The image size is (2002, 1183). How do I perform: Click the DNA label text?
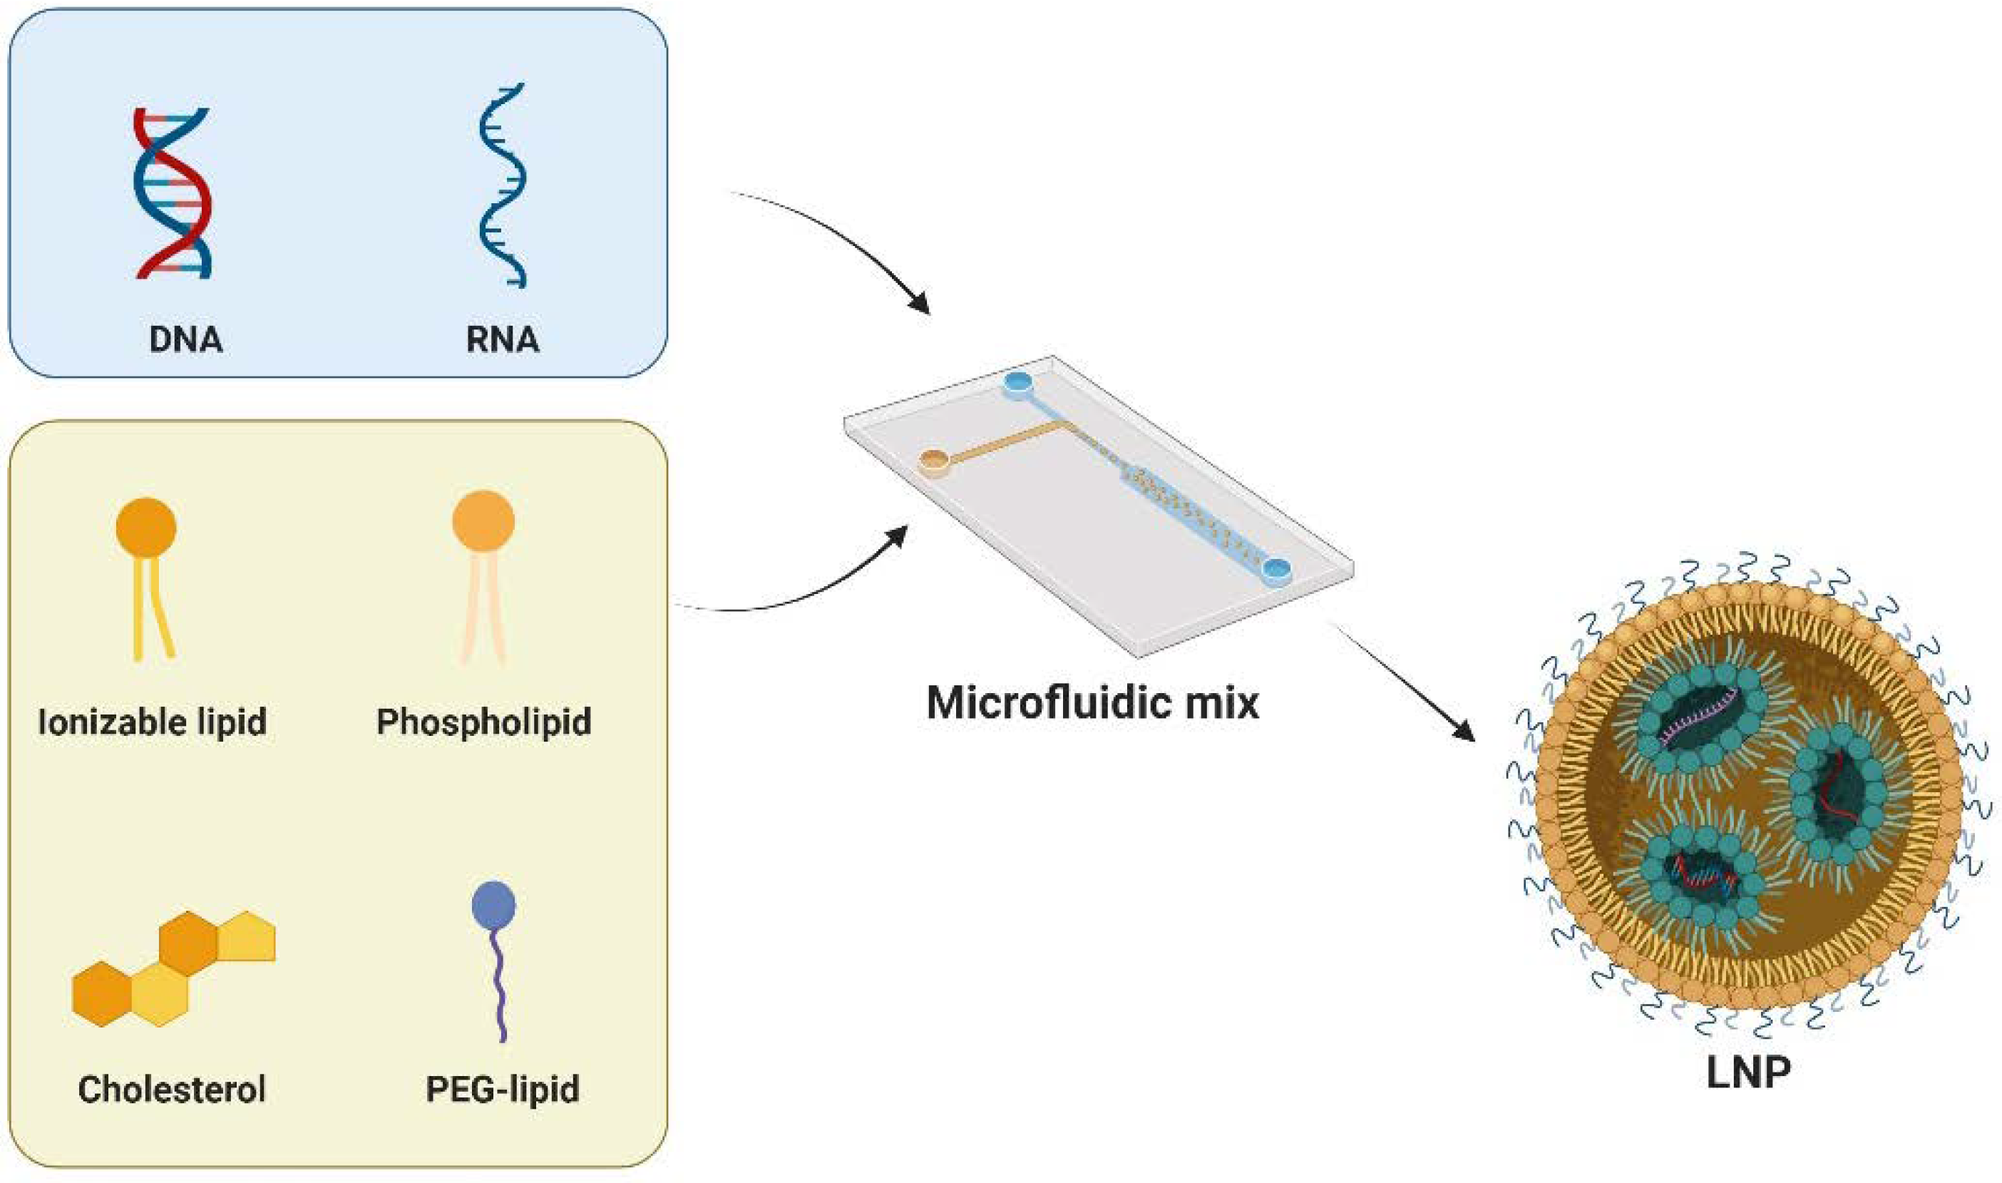pyautogui.click(x=185, y=339)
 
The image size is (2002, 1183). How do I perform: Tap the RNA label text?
pyautogui.click(x=502, y=339)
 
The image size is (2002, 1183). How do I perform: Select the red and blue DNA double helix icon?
pyautogui.click(x=172, y=193)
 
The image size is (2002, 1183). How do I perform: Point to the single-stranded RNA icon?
pyautogui.click(x=502, y=185)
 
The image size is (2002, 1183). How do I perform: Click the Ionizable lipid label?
pyautogui.click(x=151, y=722)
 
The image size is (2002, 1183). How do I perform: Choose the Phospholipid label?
pyautogui.click(x=484, y=722)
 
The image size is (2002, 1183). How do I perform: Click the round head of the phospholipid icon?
pyautogui.click(x=483, y=521)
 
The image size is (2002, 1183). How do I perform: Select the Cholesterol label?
pyautogui.click(x=172, y=1089)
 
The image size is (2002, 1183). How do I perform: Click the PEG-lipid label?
pyautogui.click(x=502, y=1089)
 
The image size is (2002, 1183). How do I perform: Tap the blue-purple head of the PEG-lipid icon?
pyautogui.click(x=493, y=905)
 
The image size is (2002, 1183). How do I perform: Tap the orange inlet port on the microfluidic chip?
pyautogui.click(x=934, y=460)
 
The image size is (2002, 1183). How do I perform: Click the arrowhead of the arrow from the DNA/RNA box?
pyautogui.click(x=922, y=306)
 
